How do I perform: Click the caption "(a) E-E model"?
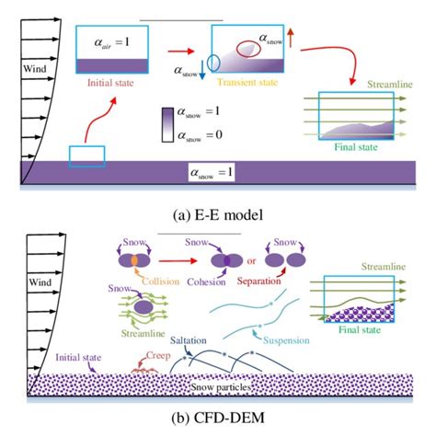click(219, 215)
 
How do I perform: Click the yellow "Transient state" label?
click(249, 81)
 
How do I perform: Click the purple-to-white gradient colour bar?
click(167, 124)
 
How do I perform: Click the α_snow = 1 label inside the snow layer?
click(219, 172)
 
